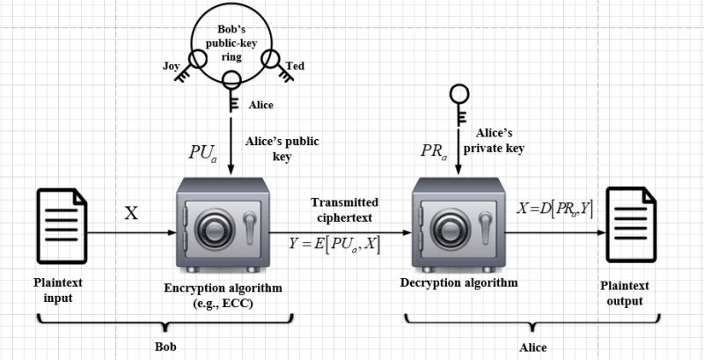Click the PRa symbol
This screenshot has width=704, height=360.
(x=436, y=151)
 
